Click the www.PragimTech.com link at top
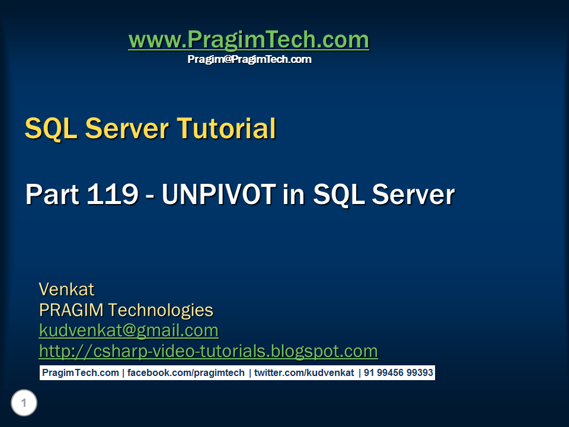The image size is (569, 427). [x=248, y=40]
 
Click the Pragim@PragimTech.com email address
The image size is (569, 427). [x=249, y=59]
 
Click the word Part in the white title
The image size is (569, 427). [x=52, y=195]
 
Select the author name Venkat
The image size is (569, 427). [x=66, y=289]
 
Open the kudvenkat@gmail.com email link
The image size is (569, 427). [x=129, y=330]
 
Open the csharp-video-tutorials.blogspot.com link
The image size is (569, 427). [x=208, y=351]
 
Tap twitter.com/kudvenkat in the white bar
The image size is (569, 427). [x=304, y=373]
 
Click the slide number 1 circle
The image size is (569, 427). [x=24, y=404]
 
